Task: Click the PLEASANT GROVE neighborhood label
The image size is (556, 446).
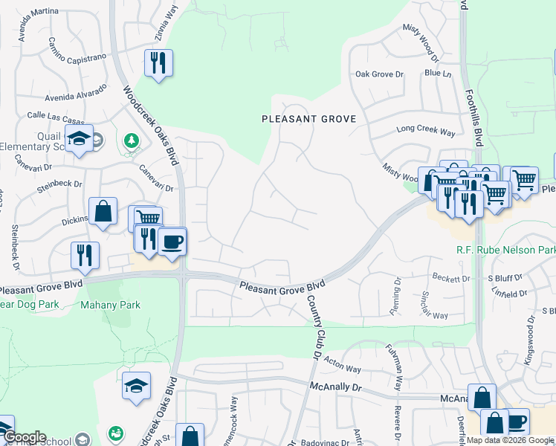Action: click(308, 119)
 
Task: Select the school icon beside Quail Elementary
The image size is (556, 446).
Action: click(78, 139)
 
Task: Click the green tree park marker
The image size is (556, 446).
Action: click(132, 140)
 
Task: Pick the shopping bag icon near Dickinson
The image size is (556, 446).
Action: click(103, 211)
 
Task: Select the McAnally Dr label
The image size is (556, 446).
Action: click(334, 387)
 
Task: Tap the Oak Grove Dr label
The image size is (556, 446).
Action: click(378, 74)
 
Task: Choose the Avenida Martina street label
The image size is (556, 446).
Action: click(50, 17)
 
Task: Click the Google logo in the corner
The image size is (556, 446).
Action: click(24, 437)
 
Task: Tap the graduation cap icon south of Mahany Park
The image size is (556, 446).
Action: click(137, 386)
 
